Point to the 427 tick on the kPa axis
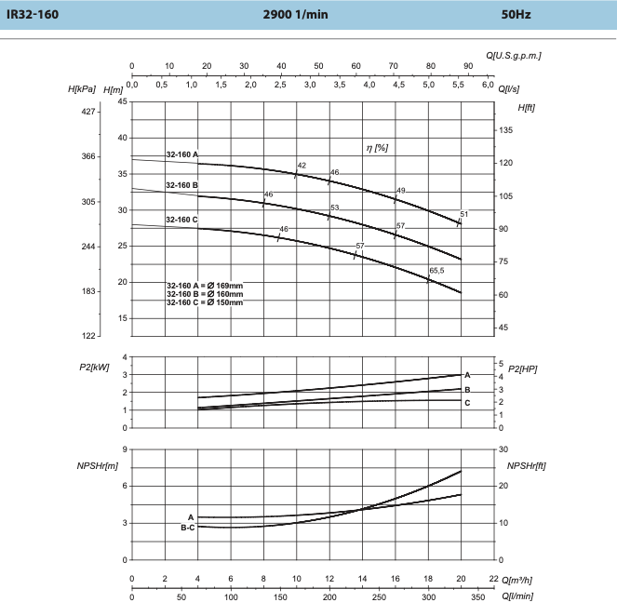[88, 112]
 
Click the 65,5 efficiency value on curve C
[436, 270]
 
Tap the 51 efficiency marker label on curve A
[463, 215]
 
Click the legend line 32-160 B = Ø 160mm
[204, 293]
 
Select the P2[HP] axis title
[523, 368]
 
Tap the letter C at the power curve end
[467, 402]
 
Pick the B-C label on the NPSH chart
[187, 528]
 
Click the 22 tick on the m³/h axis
[494, 577]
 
